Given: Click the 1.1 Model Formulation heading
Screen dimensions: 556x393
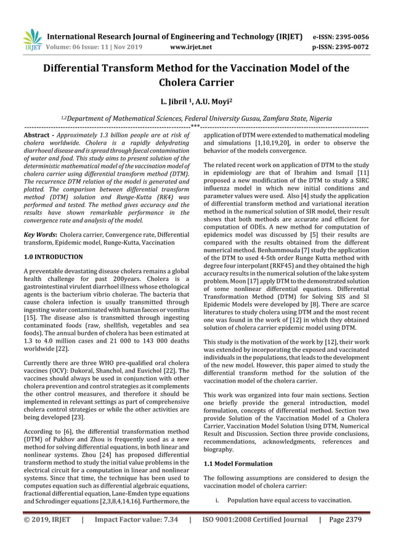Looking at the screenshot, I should pyautogui.click(x=238, y=463).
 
